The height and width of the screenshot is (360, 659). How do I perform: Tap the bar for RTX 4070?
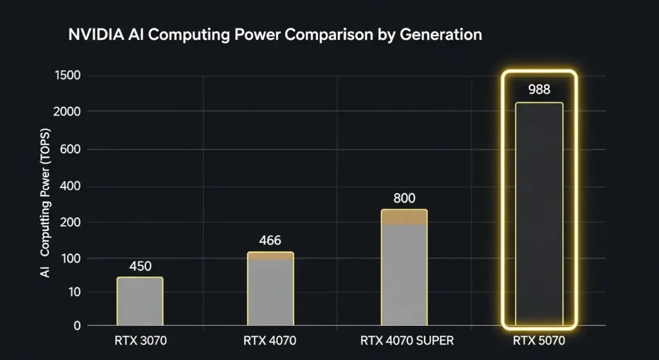click(x=270, y=290)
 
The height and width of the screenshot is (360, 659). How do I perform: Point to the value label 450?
click(x=140, y=267)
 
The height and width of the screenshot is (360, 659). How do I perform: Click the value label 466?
click(x=270, y=241)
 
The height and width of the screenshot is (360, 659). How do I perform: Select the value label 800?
click(x=404, y=198)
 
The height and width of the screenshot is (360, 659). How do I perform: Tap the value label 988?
click(x=539, y=90)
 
